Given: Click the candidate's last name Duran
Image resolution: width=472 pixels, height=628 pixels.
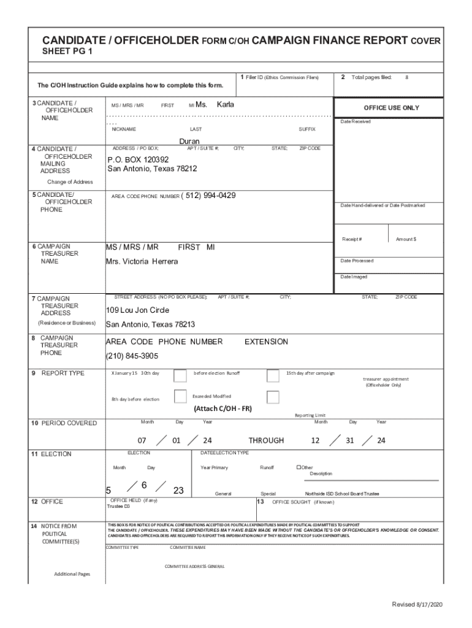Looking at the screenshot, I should tap(189, 142).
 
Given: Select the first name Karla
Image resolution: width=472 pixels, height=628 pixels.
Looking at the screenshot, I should tap(225, 104).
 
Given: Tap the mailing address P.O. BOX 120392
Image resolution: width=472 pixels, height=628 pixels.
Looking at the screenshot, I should tap(139, 159).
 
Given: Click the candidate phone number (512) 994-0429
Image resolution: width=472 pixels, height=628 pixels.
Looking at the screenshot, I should tap(208, 196).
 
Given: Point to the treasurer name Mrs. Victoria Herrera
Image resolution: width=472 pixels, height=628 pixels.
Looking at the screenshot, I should tap(142, 262).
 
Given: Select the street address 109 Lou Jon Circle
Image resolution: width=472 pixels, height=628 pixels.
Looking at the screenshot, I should tap(137, 310).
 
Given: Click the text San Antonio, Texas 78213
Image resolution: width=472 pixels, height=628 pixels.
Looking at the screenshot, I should tap(150, 324).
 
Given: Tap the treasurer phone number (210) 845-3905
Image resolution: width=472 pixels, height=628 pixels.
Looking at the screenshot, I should tap(132, 356).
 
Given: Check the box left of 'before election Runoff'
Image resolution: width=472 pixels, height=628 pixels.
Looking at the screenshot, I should tap(180, 375).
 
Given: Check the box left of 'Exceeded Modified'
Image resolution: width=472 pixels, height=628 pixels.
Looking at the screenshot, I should tap(180, 397).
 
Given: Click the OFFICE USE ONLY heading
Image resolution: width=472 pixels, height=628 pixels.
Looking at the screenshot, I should tap(391, 108).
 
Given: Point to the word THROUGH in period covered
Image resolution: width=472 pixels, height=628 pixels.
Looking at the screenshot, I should tap(266, 440).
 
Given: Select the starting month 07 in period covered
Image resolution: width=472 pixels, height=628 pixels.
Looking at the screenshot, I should tap(142, 441).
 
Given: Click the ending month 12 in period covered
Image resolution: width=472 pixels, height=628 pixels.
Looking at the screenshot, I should tap(315, 441).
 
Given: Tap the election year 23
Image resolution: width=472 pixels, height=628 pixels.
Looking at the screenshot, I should tap(178, 490).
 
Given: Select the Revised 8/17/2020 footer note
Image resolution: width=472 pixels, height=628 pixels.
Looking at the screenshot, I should tap(417, 605).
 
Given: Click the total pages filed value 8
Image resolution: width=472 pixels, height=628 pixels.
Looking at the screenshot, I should tap(406, 78).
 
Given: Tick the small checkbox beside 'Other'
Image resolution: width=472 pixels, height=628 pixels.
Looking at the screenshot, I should tap(299, 467).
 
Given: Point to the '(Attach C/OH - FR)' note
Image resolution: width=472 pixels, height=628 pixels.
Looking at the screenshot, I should tap(223, 409).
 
